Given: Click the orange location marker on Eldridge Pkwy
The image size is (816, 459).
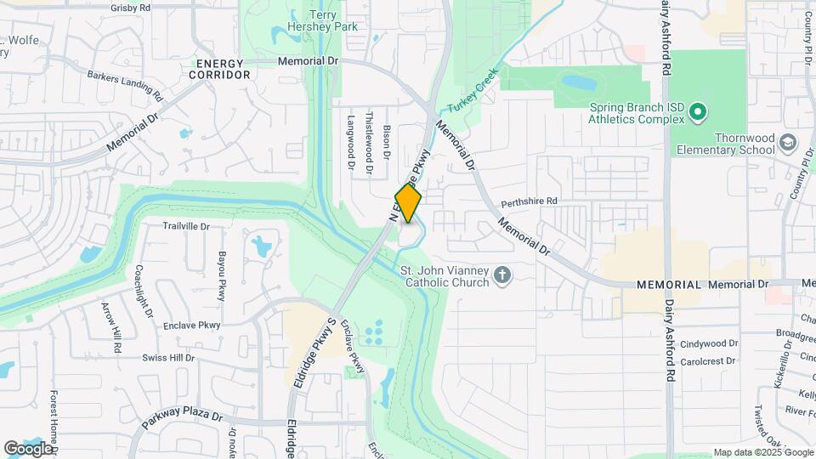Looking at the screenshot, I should (408, 204).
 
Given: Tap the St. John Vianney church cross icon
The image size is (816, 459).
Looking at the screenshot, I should (502, 275).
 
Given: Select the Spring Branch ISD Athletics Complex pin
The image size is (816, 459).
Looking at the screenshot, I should (697, 111).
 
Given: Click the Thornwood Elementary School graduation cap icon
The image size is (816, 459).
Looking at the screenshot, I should (789, 142).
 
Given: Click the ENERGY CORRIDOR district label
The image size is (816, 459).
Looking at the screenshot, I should (224, 69).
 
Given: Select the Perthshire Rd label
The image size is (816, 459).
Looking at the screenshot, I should (529, 201).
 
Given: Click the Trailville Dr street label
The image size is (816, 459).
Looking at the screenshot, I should (186, 227).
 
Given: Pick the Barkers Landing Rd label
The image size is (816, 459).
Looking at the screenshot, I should (124, 82).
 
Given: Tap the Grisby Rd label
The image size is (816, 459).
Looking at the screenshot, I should (130, 8).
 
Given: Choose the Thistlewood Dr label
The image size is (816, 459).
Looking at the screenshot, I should (369, 143).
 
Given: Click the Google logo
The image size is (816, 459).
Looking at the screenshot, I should (28, 448).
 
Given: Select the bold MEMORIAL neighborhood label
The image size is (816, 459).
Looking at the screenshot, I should (668, 285).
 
